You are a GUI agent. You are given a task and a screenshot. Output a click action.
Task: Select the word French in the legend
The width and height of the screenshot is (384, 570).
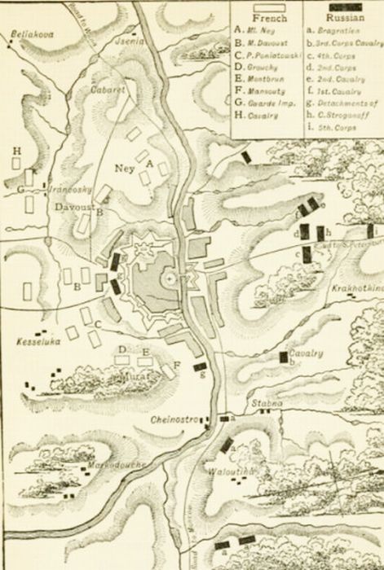click(x=267, y=16)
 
